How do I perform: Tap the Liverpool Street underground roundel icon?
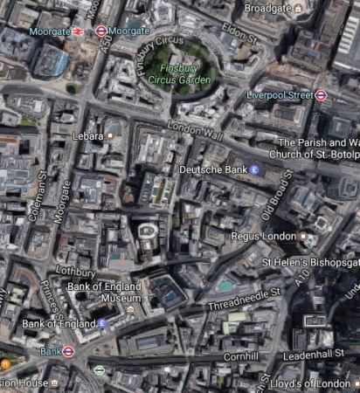[x=321, y=95]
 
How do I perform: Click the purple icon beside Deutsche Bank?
[x=254, y=169]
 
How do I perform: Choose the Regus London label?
[x=263, y=236]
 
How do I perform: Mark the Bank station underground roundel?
[x=69, y=351]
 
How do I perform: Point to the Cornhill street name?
[x=241, y=356]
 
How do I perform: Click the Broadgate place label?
[x=267, y=7]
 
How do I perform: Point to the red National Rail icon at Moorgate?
[x=79, y=31]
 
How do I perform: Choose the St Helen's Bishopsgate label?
[x=310, y=261]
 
